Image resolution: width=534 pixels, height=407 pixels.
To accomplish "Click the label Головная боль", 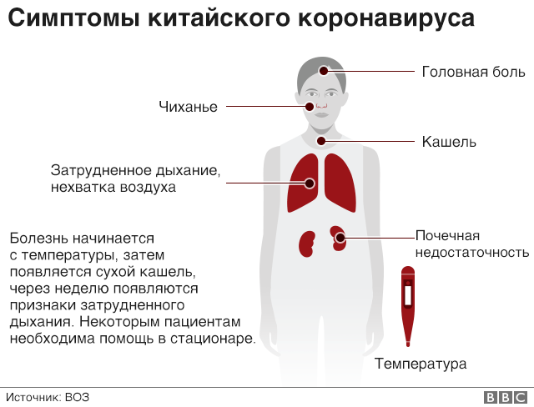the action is pyautogui.click(x=472, y=72).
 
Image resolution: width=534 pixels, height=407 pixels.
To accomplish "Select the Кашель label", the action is pyautogui.click(x=449, y=142).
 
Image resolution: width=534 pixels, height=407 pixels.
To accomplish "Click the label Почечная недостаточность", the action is pyautogui.click(x=471, y=244).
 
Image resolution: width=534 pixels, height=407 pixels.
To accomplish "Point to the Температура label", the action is pyautogui.click(x=420, y=364).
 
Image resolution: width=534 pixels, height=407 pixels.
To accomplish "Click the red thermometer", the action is pyautogui.click(x=407, y=304).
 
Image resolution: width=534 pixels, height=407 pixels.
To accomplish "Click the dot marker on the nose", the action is pyautogui.click(x=310, y=107).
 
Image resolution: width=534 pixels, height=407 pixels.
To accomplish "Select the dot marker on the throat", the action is pyautogui.click(x=321, y=142).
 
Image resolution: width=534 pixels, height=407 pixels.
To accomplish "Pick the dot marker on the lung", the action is pyautogui.click(x=310, y=183).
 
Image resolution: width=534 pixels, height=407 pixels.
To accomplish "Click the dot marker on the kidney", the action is pyautogui.click(x=340, y=238).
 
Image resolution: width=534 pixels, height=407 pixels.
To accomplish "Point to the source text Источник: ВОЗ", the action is pyautogui.click(x=48, y=397).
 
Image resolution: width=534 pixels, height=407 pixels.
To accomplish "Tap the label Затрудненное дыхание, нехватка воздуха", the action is pyautogui.click(x=135, y=178).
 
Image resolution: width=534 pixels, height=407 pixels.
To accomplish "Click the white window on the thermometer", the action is pyautogui.click(x=407, y=296).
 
